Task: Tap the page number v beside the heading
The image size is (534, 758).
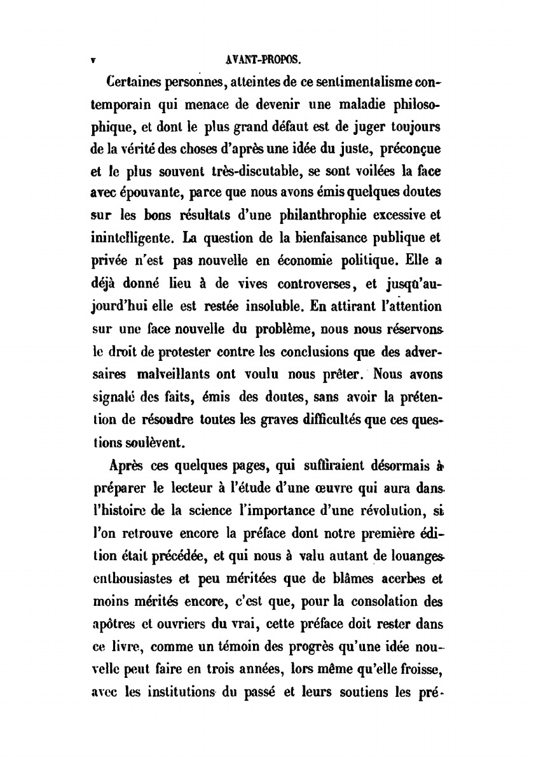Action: click(93, 62)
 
